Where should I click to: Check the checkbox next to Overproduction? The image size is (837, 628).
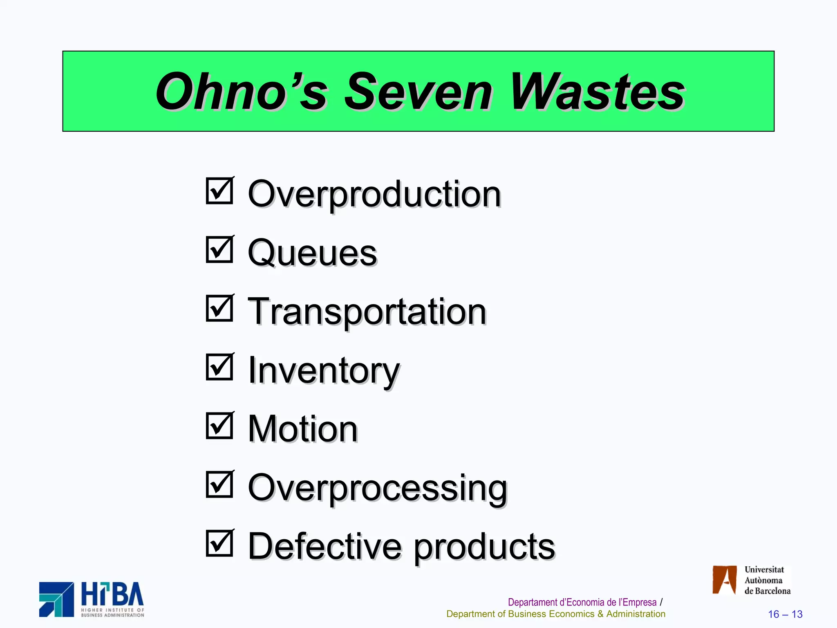(219, 191)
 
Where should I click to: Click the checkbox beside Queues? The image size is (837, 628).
(219, 249)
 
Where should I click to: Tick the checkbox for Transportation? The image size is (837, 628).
(219, 308)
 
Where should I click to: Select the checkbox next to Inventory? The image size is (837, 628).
(219, 367)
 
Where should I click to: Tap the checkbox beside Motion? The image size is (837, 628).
(219, 425)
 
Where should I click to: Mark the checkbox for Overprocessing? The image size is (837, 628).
(219, 484)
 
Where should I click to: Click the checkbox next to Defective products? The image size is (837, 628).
(219, 543)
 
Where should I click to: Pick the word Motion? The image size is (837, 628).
(303, 429)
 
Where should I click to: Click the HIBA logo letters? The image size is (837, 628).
(112, 594)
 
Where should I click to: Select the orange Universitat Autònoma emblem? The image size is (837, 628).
(724, 579)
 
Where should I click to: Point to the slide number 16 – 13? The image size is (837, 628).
(785, 614)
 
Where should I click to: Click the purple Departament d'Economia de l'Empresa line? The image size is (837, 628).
(582, 602)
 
